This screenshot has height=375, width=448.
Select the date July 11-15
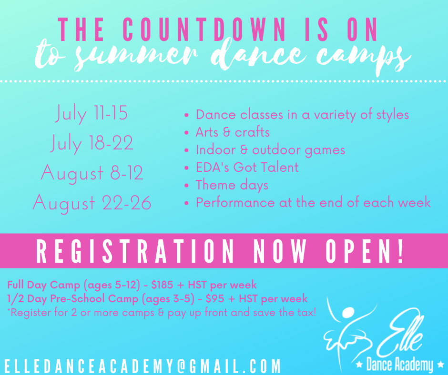click(x=92, y=114)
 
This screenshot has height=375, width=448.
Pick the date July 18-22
click(x=92, y=143)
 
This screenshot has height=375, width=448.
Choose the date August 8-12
click(x=92, y=173)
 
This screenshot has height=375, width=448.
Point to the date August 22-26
click(x=92, y=203)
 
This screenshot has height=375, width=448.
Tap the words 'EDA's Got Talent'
click(x=247, y=167)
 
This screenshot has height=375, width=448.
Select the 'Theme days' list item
click(x=232, y=185)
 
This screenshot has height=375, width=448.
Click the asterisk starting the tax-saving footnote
click(x=9, y=313)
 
